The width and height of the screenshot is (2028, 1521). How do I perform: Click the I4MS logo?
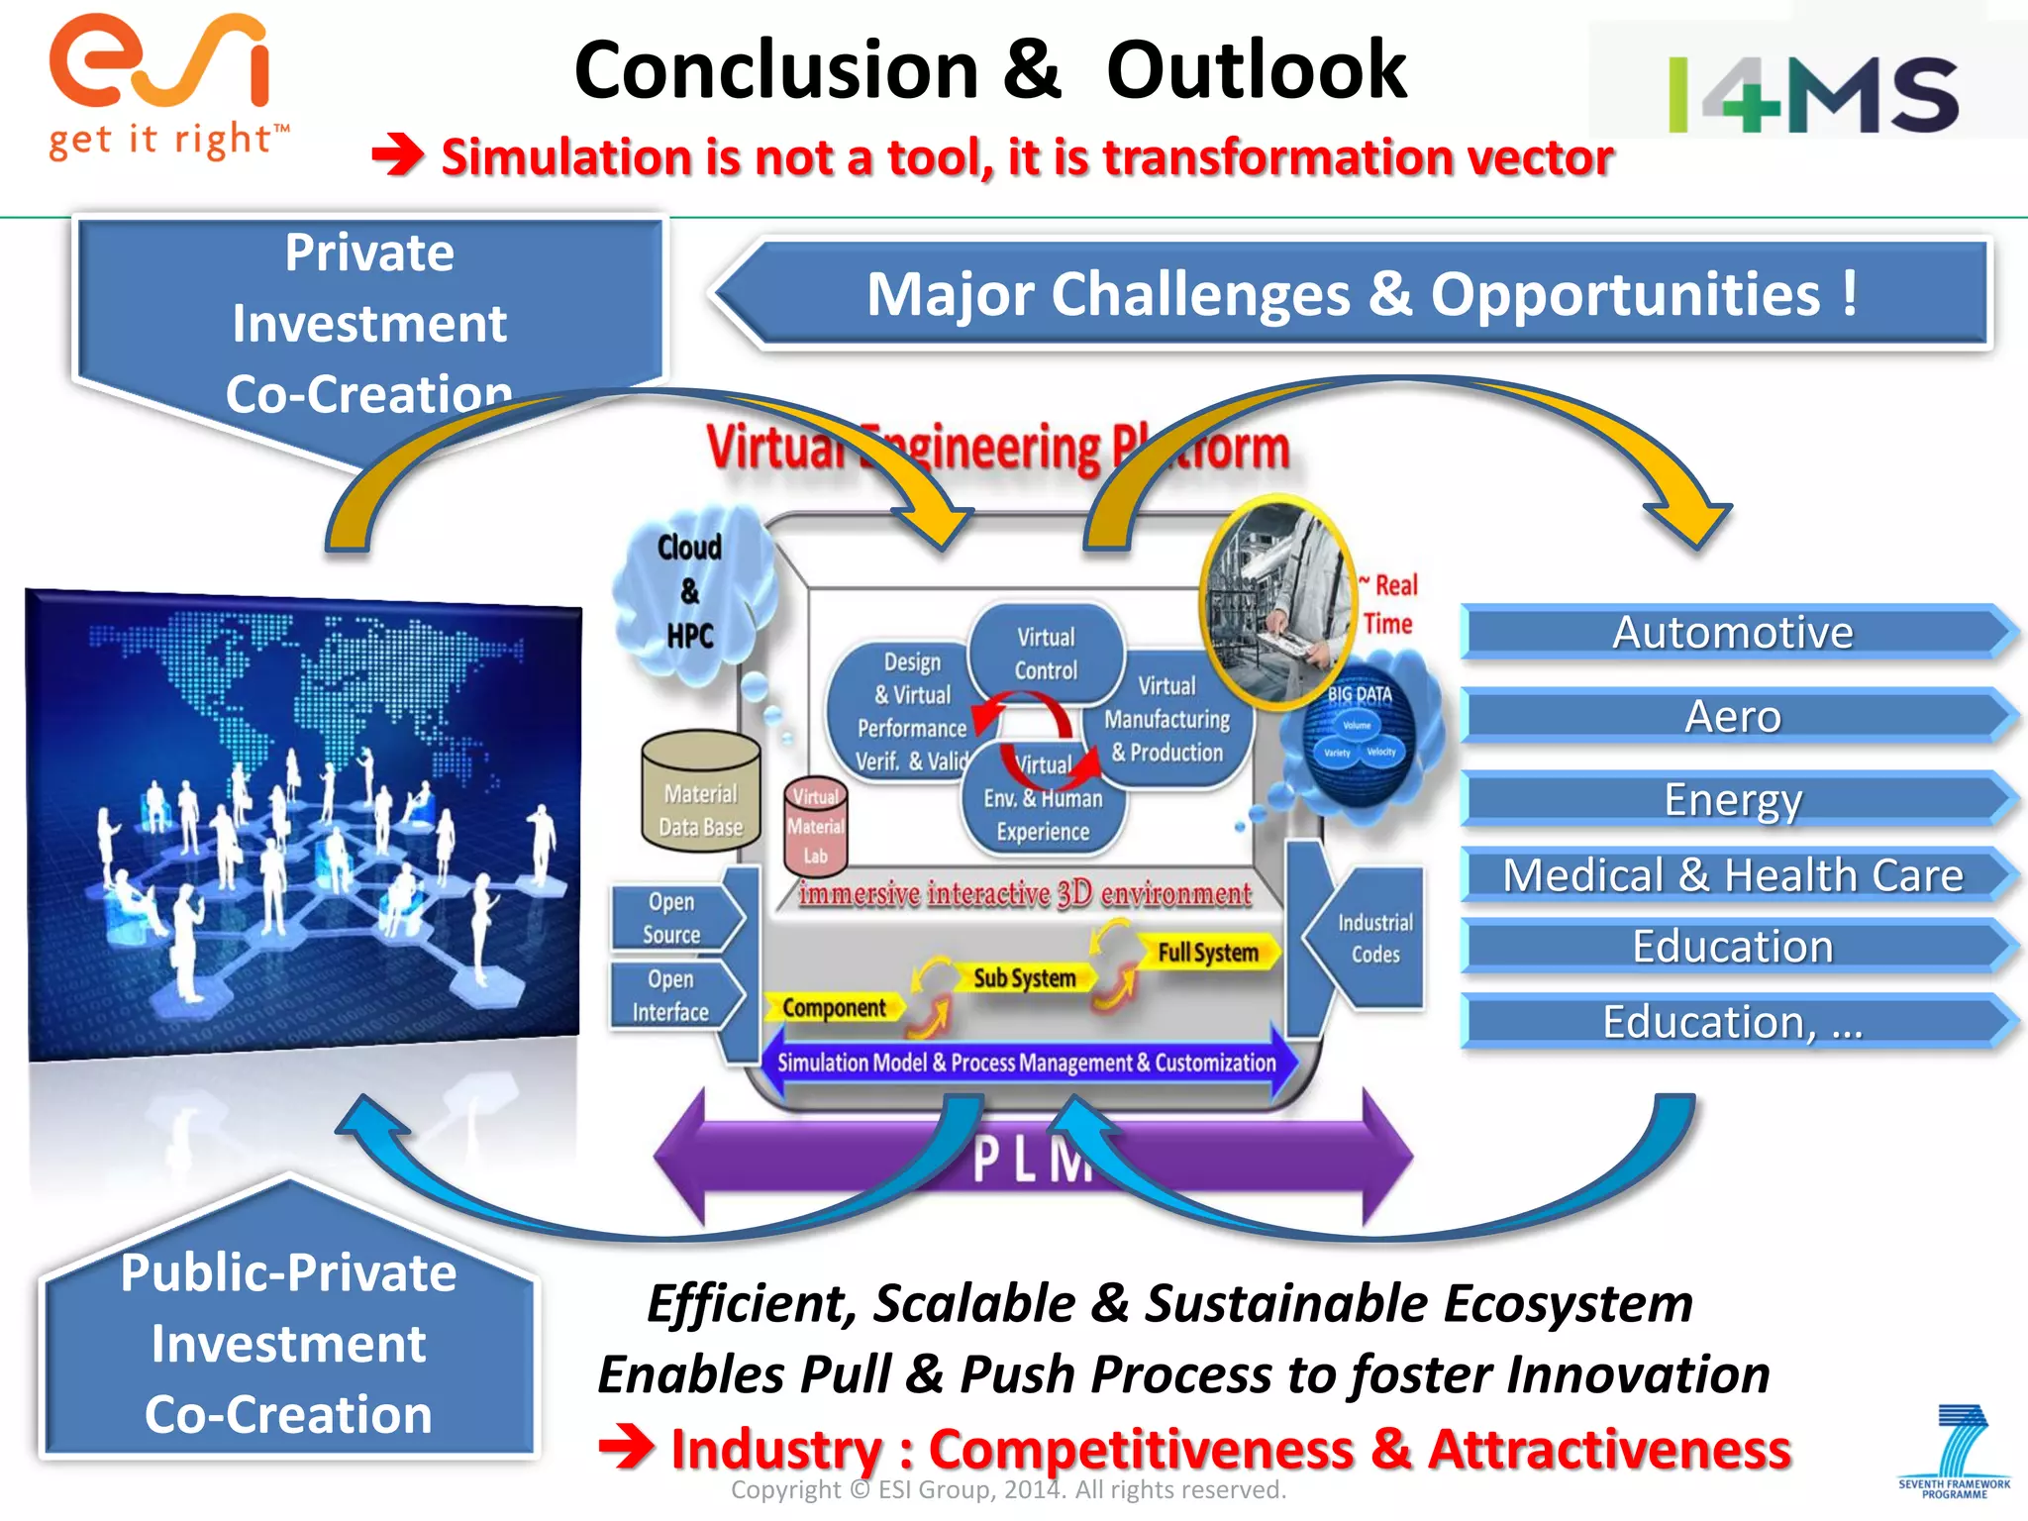pyautogui.click(x=1812, y=94)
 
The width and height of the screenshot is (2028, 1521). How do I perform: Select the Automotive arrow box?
pyautogui.click(x=1733, y=632)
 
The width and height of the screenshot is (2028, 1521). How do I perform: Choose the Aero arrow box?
pyautogui.click(x=1733, y=715)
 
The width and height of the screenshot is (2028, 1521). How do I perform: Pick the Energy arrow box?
pyautogui.click(x=1733, y=799)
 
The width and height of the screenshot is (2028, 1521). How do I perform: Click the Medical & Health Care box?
pyautogui.click(x=1733, y=874)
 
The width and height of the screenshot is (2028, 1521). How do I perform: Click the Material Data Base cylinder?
pyautogui.click(x=700, y=793)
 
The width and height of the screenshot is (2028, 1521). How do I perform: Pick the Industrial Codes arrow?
pyautogui.click(x=1371, y=938)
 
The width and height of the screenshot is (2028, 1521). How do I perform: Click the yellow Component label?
pyautogui.click(x=834, y=1008)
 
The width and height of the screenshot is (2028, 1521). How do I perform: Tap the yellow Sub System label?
pyautogui.click(x=1024, y=978)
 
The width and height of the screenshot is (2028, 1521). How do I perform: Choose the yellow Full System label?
pyautogui.click(x=1207, y=953)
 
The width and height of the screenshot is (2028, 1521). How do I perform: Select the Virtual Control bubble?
pyautogui.click(x=1046, y=654)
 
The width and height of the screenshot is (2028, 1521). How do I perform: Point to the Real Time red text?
pyautogui.click(x=1390, y=604)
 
